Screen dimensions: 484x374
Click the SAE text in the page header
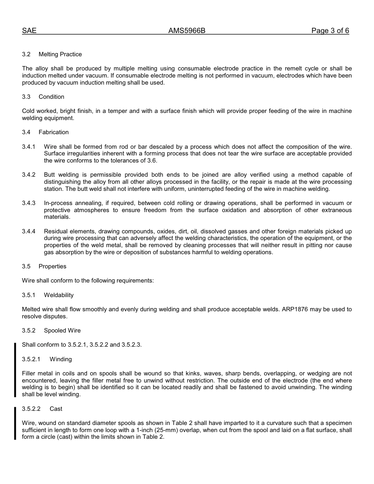click(29, 31)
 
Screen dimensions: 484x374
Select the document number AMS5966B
click(187, 31)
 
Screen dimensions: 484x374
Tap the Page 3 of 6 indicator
click(330, 31)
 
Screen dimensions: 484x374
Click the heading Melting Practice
click(60, 54)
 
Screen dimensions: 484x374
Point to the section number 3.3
click(26, 97)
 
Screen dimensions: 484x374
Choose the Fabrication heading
click(54, 132)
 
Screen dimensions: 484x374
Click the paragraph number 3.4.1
click(29, 147)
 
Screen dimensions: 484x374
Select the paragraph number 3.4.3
click(29, 203)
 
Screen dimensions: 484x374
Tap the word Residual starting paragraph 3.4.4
click(56, 231)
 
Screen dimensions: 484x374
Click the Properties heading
click(52, 266)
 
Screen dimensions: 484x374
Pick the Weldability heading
click(59, 295)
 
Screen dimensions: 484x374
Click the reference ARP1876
click(295, 309)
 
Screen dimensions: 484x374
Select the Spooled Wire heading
click(62, 331)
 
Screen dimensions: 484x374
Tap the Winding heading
click(61, 359)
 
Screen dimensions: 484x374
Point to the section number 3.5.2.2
click(31, 409)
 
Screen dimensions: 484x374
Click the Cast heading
click(56, 409)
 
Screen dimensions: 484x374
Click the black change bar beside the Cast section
click(15, 423)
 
